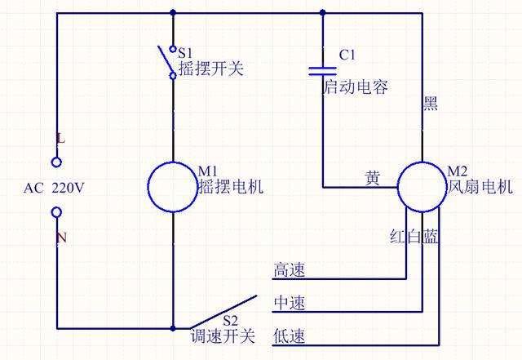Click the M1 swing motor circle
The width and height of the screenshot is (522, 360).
(x=148, y=187)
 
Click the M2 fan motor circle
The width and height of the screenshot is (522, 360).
(x=398, y=187)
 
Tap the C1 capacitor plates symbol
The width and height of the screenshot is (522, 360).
(x=323, y=71)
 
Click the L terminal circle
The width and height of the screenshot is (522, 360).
(x=56, y=162)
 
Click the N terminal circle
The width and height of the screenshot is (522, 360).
(x=56, y=212)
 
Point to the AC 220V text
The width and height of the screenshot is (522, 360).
(x=54, y=189)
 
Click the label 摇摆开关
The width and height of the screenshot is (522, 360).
(x=211, y=69)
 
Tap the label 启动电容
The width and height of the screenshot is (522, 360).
(x=356, y=87)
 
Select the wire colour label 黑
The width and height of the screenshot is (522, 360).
(x=430, y=103)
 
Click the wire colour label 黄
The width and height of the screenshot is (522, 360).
(x=372, y=178)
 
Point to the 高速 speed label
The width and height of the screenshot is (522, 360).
(x=289, y=269)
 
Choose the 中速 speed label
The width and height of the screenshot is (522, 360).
(x=289, y=303)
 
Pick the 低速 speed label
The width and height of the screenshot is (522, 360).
(x=289, y=336)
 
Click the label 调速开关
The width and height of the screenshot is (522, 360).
(x=223, y=336)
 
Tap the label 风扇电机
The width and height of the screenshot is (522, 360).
(x=480, y=186)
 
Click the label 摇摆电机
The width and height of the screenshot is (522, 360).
(x=231, y=186)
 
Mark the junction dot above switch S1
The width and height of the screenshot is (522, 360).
(x=173, y=13)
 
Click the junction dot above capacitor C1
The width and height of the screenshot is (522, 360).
(x=323, y=13)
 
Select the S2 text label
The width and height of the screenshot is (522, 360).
(x=230, y=320)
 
